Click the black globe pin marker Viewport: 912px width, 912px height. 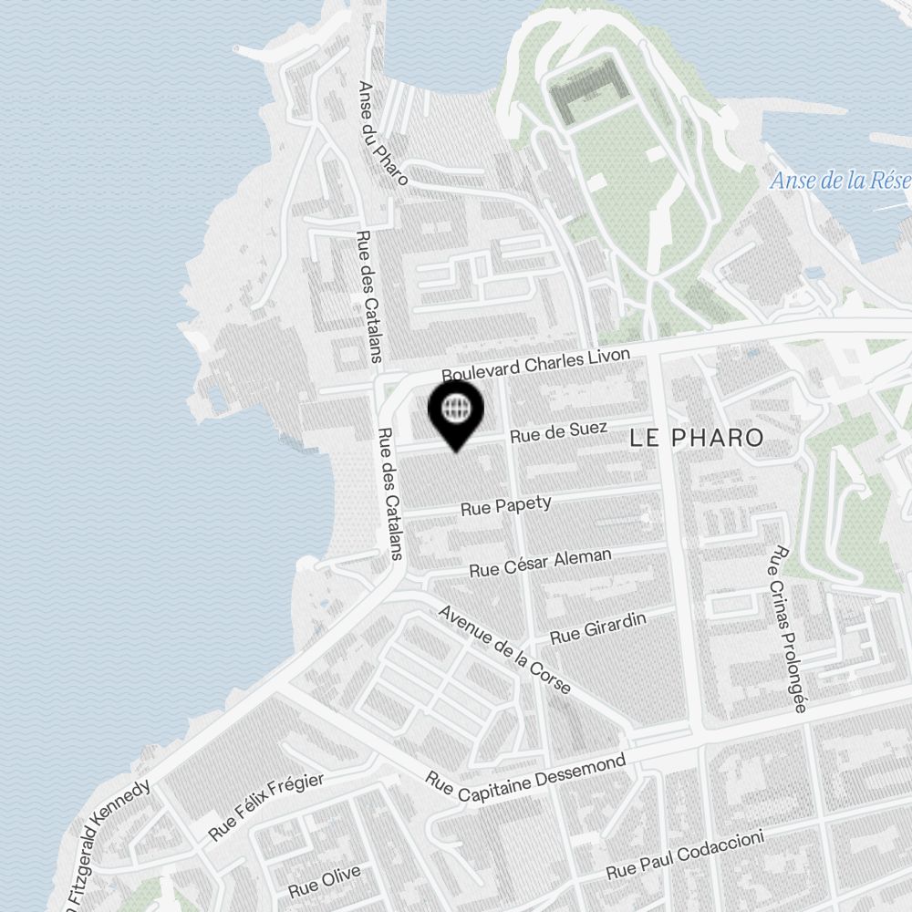(x=455, y=411)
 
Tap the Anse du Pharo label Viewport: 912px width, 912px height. (x=382, y=133)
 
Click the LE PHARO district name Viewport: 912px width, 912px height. (x=697, y=438)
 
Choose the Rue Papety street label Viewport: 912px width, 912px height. (x=506, y=505)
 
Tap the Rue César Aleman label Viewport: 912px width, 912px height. (x=540, y=563)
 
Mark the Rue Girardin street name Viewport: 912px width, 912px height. (x=598, y=628)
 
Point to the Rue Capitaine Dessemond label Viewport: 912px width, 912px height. (x=527, y=780)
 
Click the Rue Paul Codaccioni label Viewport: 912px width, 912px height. (x=684, y=855)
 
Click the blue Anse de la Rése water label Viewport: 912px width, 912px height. (x=839, y=180)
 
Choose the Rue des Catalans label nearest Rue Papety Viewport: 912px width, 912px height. (x=389, y=492)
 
